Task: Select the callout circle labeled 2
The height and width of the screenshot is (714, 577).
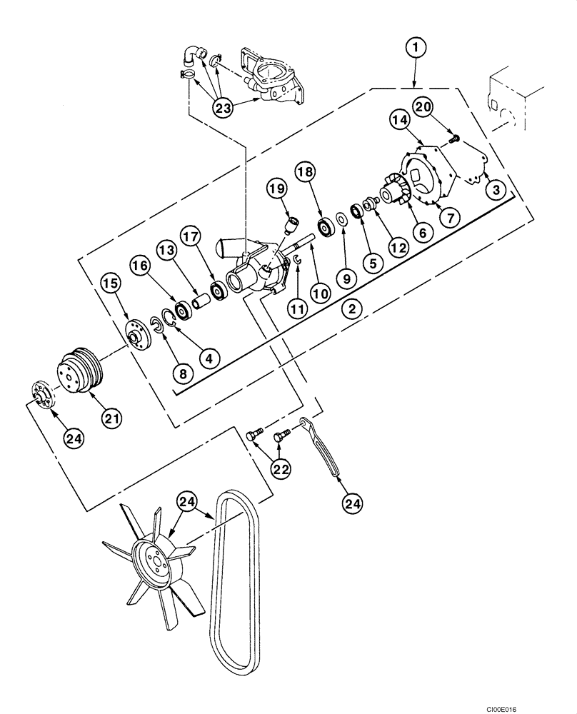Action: (x=351, y=309)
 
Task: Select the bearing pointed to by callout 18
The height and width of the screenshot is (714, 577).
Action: (x=326, y=227)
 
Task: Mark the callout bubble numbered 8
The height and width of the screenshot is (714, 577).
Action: (x=183, y=372)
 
